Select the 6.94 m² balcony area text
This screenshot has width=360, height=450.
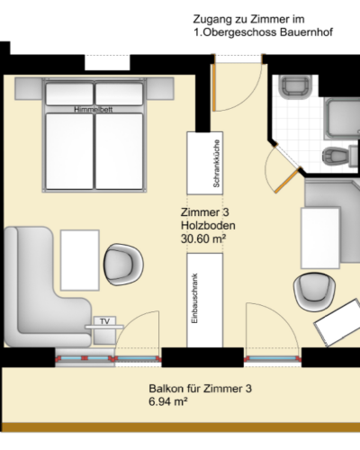click(167, 404)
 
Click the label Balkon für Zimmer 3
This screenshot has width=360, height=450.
click(200, 390)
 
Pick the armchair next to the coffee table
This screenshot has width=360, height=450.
click(123, 264)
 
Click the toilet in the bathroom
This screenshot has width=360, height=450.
click(338, 157)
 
